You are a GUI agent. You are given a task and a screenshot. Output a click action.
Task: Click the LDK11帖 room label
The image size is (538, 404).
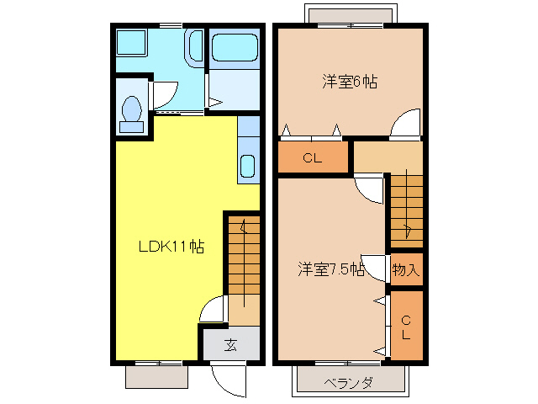coord(171,247)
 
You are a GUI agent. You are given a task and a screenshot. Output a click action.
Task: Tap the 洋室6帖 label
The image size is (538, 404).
coord(350,82)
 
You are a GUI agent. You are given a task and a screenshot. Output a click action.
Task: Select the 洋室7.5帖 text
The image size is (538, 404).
coord(330,269)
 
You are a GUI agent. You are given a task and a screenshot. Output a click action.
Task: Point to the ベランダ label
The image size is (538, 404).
coord(348,382)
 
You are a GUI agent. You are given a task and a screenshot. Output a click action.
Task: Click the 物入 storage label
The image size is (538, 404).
coord(405,269)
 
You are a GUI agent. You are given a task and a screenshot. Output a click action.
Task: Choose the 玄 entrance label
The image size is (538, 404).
coord(229,344)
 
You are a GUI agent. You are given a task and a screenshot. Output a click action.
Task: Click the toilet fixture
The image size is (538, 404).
coord(131,113)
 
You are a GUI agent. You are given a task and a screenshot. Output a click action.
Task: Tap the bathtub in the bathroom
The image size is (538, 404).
coord(235,48)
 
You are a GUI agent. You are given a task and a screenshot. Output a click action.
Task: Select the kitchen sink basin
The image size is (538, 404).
coord(249,166)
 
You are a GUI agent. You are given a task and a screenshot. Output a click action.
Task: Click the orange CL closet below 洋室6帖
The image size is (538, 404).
coord(312,157)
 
